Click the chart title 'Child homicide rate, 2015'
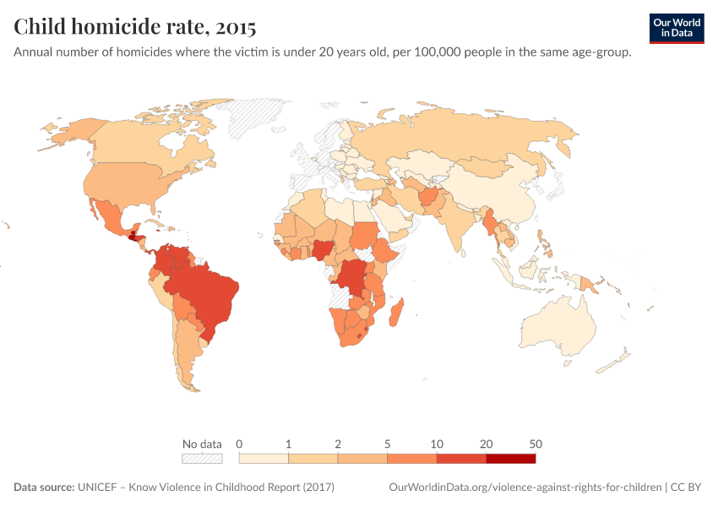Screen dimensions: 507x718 (x=135, y=27)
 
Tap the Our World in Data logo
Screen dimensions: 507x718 (x=676, y=28)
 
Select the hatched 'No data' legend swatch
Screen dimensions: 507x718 (x=203, y=458)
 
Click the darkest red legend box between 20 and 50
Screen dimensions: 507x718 (x=510, y=458)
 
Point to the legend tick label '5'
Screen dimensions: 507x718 (x=388, y=444)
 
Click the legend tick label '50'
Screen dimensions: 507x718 (x=536, y=444)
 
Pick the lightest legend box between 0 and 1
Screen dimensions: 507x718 (x=264, y=458)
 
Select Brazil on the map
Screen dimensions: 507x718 (x=207, y=292)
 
